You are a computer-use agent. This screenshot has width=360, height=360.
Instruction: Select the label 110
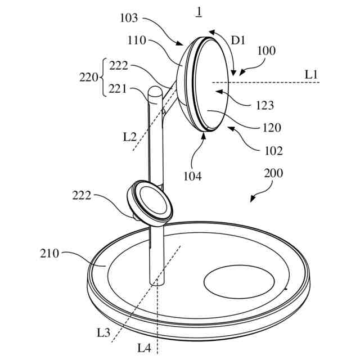pyautogui.click(x=137, y=40)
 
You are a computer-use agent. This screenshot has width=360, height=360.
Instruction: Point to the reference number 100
pyautogui.click(x=266, y=51)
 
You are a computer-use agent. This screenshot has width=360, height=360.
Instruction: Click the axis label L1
pyautogui.click(x=312, y=74)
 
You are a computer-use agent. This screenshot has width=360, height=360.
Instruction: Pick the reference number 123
pyautogui.click(x=264, y=105)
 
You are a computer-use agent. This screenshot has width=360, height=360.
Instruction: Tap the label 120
pyautogui.click(x=272, y=128)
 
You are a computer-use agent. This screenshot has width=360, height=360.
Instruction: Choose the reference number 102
pyautogui.click(x=273, y=150)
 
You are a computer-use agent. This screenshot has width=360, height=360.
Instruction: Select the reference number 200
pyautogui.click(x=274, y=174)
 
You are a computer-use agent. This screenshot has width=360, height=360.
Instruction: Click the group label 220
pyautogui.click(x=89, y=77)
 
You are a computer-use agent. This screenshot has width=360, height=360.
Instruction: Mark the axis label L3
pyautogui.click(x=103, y=332)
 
